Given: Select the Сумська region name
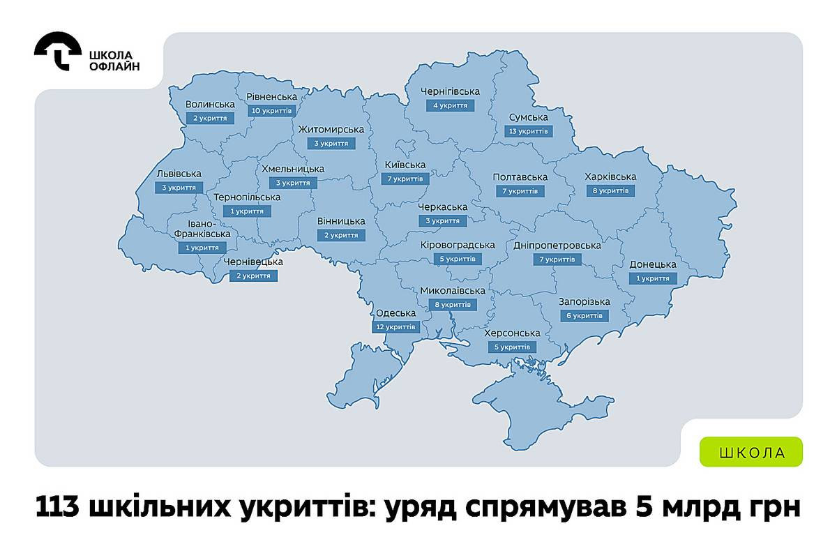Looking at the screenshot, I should pyautogui.click(x=528, y=117).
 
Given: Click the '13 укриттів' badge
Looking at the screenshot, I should pyautogui.click(x=528, y=131).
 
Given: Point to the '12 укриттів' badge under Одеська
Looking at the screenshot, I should pyautogui.click(x=396, y=326).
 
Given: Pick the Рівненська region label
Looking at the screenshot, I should pyautogui.click(x=272, y=96).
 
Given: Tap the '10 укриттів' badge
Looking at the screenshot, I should pyautogui.click(x=272, y=110).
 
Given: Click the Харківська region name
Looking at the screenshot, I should pyautogui.click(x=611, y=176).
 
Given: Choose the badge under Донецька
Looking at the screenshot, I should pyautogui.click(x=653, y=278).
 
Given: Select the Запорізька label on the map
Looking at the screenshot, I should pyautogui.click(x=585, y=302).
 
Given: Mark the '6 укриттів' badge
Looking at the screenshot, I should pyautogui.click(x=585, y=316).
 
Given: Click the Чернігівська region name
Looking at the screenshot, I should pyautogui.click(x=451, y=91).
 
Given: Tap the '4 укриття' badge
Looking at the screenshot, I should pyautogui.click(x=451, y=105).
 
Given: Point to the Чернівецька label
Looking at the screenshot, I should pyautogui.click(x=253, y=262).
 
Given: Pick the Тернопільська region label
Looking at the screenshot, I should pyautogui.click(x=248, y=197).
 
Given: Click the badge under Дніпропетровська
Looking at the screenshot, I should pyautogui.click(x=557, y=259).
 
